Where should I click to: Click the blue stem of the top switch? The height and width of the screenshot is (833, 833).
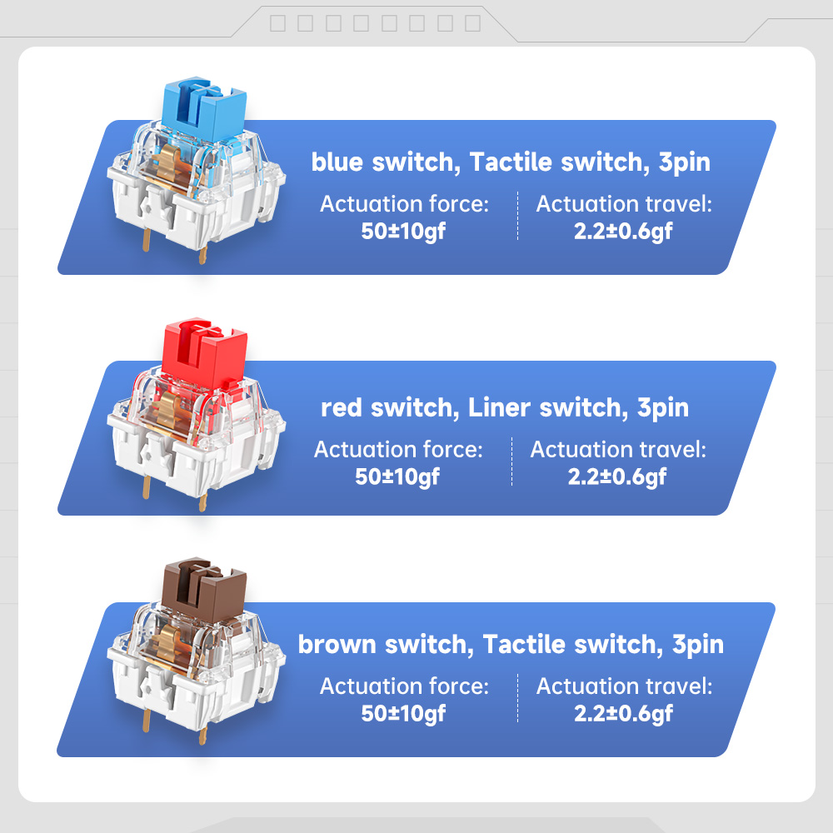pyautogui.click(x=204, y=109)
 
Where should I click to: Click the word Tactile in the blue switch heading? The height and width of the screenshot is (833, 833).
pyautogui.click(x=511, y=162)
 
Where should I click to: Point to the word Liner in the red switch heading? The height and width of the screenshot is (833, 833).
pyautogui.click(x=499, y=408)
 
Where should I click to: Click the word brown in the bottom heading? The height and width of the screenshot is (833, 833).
pyautogui.click(x=337, y=645)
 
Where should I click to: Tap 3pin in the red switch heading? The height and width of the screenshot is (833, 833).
pyautogui.click(x=662, y=408)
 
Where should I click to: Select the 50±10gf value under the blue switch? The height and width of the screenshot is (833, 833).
pyautogui.click(x=403, y=232)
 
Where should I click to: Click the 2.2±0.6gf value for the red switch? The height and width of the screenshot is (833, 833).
pyautogui.click(x=616, y=477)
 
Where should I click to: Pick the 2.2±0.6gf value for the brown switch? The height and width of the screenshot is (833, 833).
pyautogui.click(x=623, y=714)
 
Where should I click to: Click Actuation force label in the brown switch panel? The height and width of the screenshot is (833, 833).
pyautogui.click(x=404, y=686)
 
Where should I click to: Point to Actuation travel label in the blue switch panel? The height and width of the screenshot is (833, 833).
pyautogui.click(x=624, y=204)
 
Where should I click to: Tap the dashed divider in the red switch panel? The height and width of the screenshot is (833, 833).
pyautogui.click(x=511, y=461)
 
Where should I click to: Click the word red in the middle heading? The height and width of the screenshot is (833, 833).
pyautogui.click(x=340, y=408)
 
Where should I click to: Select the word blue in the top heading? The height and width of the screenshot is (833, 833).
pyautogui.click(x=337, y=162)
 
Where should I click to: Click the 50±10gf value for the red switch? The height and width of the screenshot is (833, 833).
pyautogui.click(x=397, y=477)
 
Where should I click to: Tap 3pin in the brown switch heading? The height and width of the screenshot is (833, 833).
pyautogui.click(x=698, y=645)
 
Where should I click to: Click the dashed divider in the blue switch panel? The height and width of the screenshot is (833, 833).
pyautogui.click(x=517, y=217)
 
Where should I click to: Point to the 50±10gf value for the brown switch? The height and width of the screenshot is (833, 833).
pyautogui.click(x=403, y=714)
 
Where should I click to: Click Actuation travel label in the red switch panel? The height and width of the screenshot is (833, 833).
pyautogui.click(x=618, y=450)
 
